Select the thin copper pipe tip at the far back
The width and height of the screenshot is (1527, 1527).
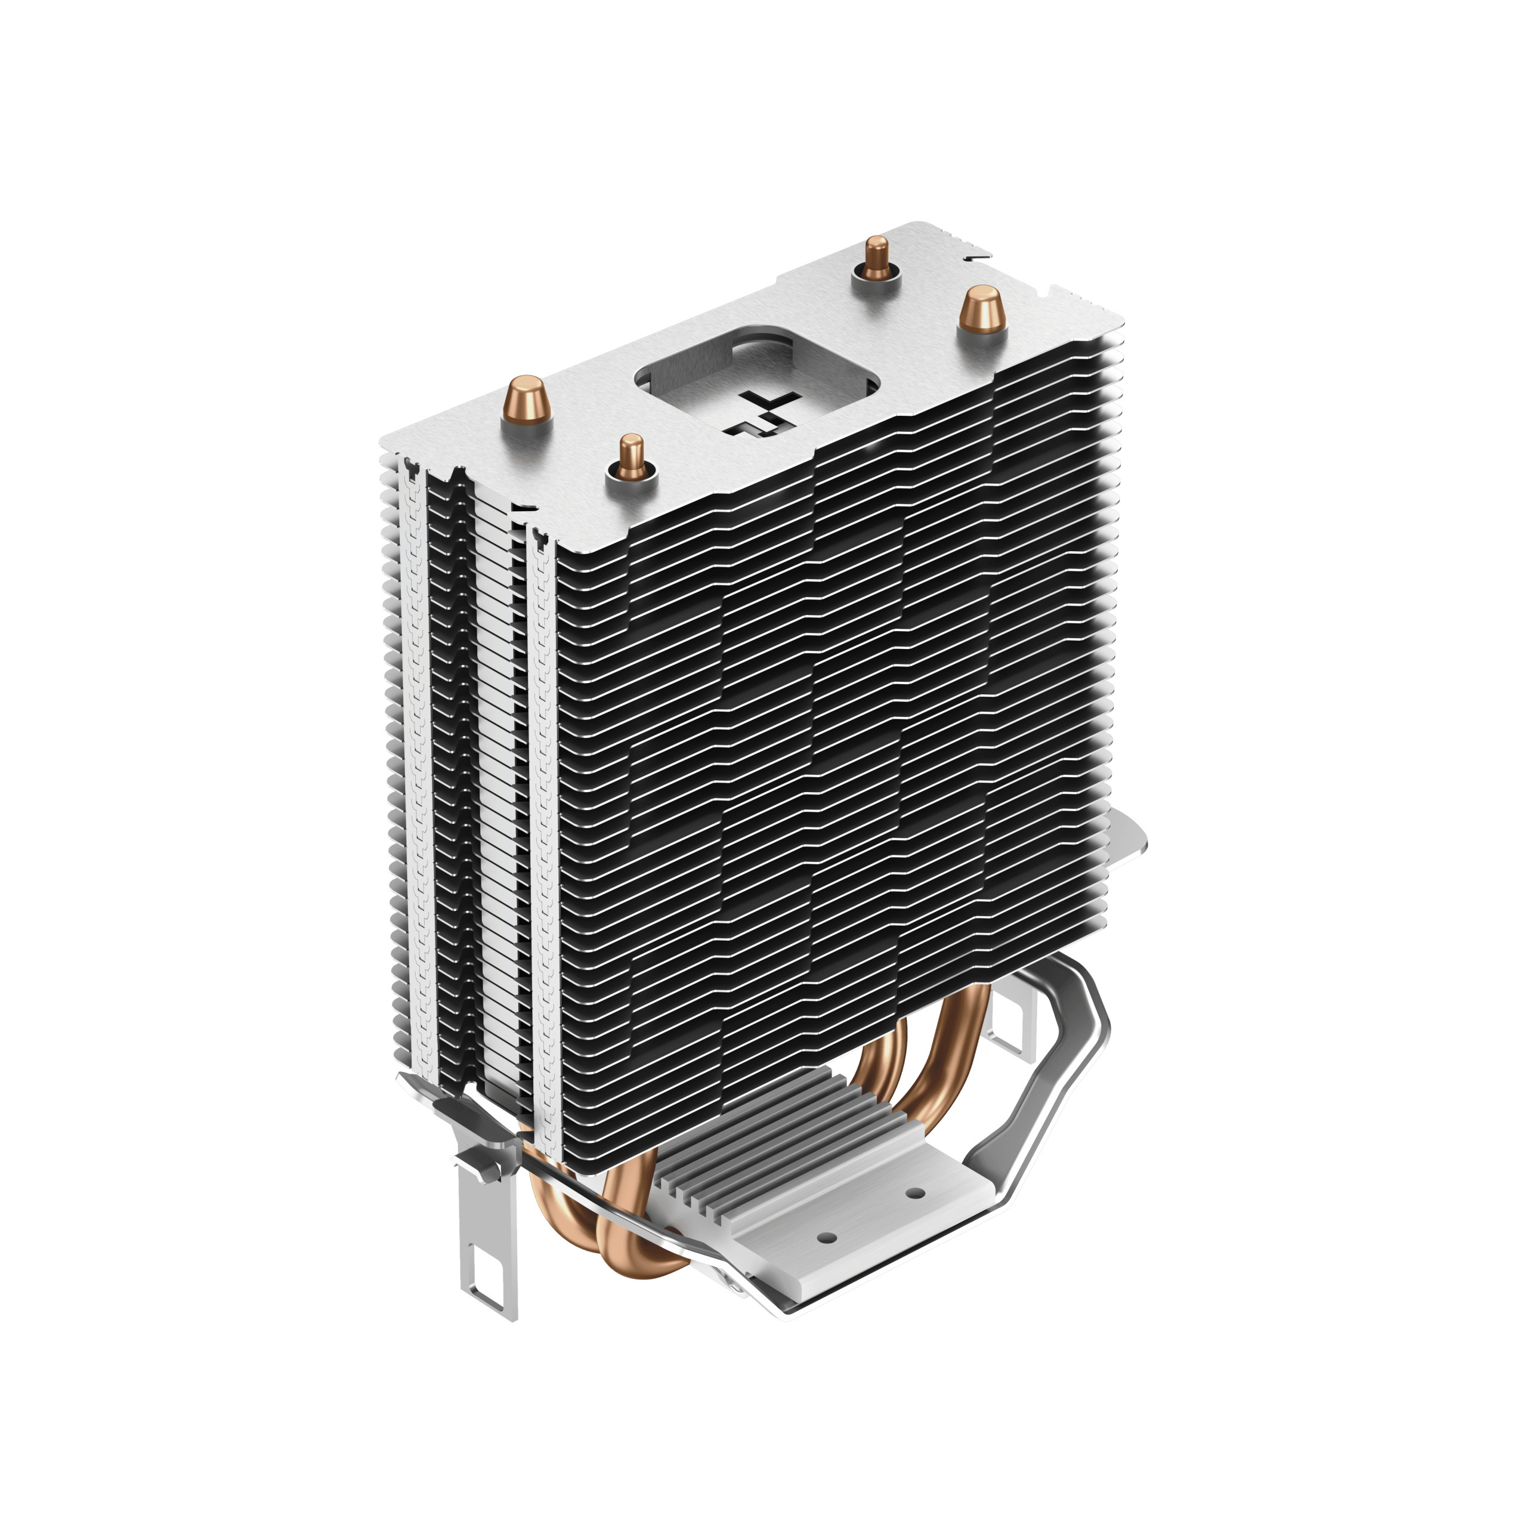875,258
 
